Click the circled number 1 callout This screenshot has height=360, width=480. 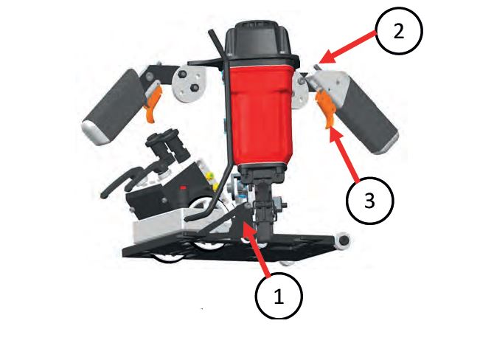(x=279, y=296)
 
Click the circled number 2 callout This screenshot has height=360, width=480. (x=399, y=31)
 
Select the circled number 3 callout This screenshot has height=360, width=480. (x=370, y=201)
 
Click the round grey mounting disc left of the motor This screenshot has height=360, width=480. (x=189, y=83)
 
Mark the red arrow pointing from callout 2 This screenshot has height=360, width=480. (x=347, y=46)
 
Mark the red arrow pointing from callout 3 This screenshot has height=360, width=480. (x=344, y=156)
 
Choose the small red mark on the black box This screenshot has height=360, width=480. (x=183, y=187)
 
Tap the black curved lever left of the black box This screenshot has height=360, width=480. (x=122, y=181)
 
